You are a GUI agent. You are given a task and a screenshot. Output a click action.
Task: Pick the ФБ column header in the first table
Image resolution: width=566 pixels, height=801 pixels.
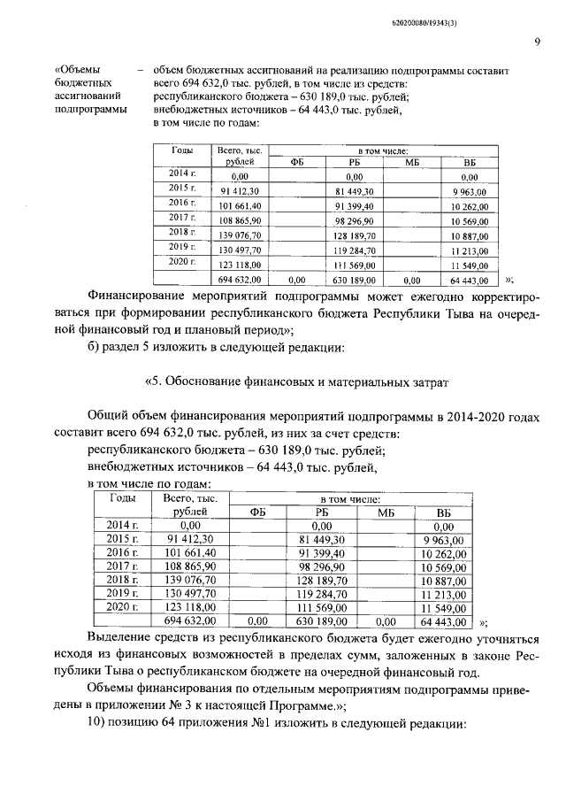(297, 162)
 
